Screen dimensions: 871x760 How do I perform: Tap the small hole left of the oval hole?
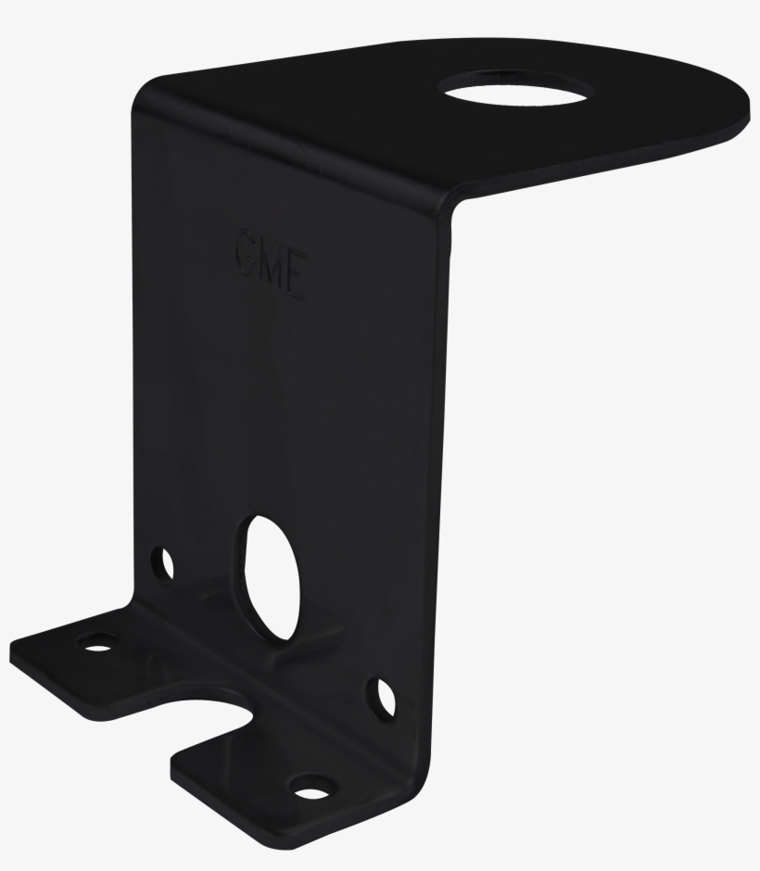164,562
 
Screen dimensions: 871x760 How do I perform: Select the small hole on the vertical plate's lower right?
383,697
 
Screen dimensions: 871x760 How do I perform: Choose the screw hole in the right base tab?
310,789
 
